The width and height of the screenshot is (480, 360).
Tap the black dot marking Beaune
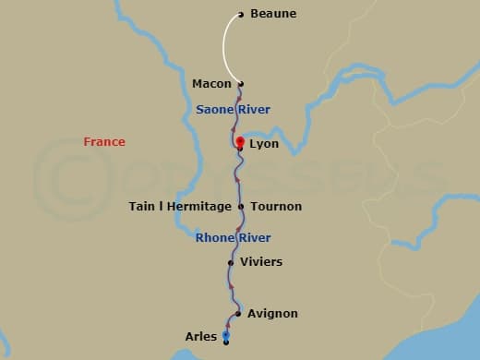point(241,14)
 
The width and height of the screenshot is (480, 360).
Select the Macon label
point(211,84)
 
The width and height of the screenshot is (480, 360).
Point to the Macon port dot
point(241,84)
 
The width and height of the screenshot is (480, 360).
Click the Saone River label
point(233,110)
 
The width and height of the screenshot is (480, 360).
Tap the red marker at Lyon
point(240,141)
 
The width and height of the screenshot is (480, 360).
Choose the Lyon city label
point(264,145)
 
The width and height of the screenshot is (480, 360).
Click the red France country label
point(104,142)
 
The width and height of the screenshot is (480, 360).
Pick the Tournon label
point(275,207)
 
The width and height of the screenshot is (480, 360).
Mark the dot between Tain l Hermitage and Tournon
point(241,207)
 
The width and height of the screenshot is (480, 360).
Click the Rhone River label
point(233,238)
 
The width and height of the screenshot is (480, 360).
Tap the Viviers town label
point(261,262)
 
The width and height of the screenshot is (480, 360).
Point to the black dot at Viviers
point(231,262)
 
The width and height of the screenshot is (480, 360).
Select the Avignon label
point(272,314)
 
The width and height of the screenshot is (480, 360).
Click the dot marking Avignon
point(238,314)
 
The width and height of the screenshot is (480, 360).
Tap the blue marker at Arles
point(225,335)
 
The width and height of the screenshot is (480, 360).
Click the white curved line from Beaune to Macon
point(223,48)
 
